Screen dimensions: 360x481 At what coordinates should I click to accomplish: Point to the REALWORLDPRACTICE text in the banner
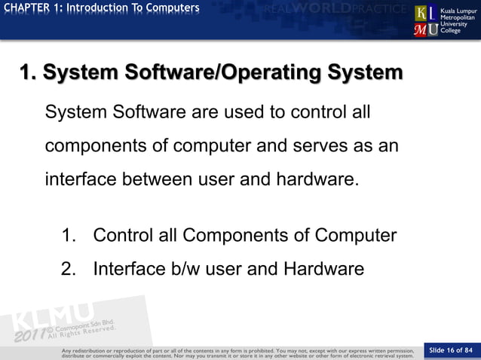(340, 10)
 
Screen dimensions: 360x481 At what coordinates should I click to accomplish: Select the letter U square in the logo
(434, 29)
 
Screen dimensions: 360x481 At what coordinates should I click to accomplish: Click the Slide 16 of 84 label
(450, 350)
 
